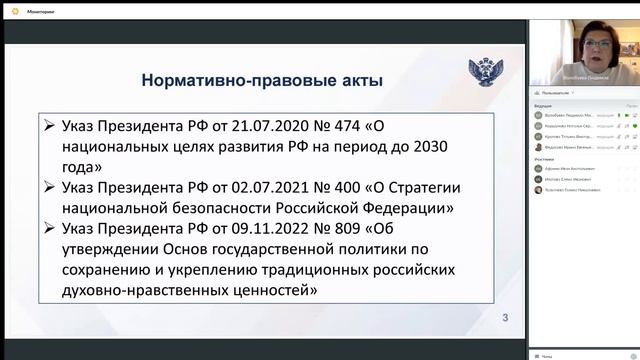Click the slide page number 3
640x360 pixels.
coord(505,319)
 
